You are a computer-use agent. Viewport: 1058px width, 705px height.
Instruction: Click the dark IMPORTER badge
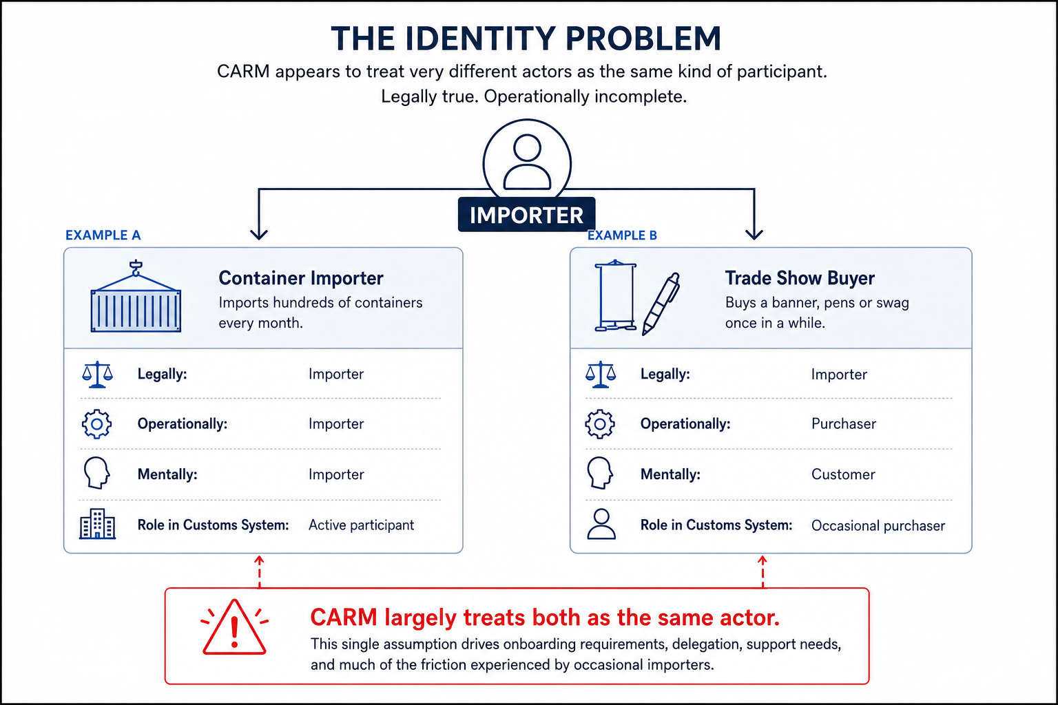pos(527,215)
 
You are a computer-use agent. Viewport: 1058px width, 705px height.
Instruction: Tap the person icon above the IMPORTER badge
pos(527,162)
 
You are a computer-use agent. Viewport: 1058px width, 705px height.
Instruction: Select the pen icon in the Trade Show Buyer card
pos(661,304)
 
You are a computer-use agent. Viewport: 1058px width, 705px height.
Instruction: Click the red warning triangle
pos(234,627)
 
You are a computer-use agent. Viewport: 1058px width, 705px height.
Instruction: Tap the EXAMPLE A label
pos(103,235)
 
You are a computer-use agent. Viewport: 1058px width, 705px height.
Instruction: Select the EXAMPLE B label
pos(622,235)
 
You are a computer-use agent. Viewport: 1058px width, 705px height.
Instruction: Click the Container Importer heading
pos(301,278)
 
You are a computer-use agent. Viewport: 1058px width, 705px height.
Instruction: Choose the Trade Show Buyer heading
pos(800,278)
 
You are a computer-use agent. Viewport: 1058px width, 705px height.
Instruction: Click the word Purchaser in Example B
pos(844,424)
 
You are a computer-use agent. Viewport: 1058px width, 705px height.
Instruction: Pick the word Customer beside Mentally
pos(843,474)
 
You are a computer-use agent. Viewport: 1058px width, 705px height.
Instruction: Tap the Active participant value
pos(362,525)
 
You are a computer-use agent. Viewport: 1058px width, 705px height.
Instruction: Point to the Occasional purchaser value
pos(878,525)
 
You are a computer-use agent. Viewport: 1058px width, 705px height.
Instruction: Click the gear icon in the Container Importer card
pos(97,424)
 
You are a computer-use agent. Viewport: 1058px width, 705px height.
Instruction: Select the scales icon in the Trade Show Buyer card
pos(601,375)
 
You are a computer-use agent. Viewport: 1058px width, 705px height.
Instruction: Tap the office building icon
pos(97,524)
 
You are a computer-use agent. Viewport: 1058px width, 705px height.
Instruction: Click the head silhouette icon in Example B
pos(600,473)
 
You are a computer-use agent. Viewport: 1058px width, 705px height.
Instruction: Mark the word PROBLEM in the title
pos(643,39)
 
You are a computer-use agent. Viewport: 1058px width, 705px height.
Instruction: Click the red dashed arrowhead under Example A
pos(259,560)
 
